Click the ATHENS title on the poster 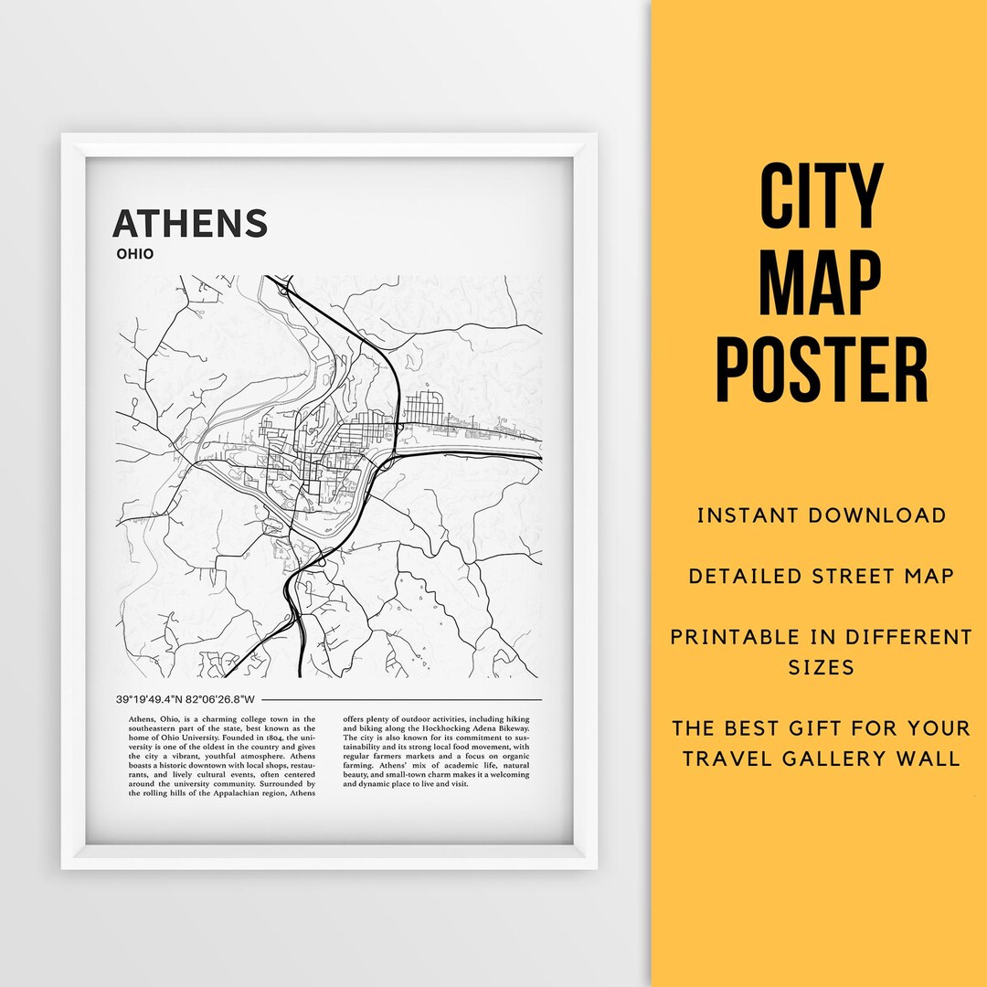coord(190,224)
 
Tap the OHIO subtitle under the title coord(134,254)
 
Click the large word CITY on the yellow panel coord(822,196)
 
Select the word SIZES coord(822,667)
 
